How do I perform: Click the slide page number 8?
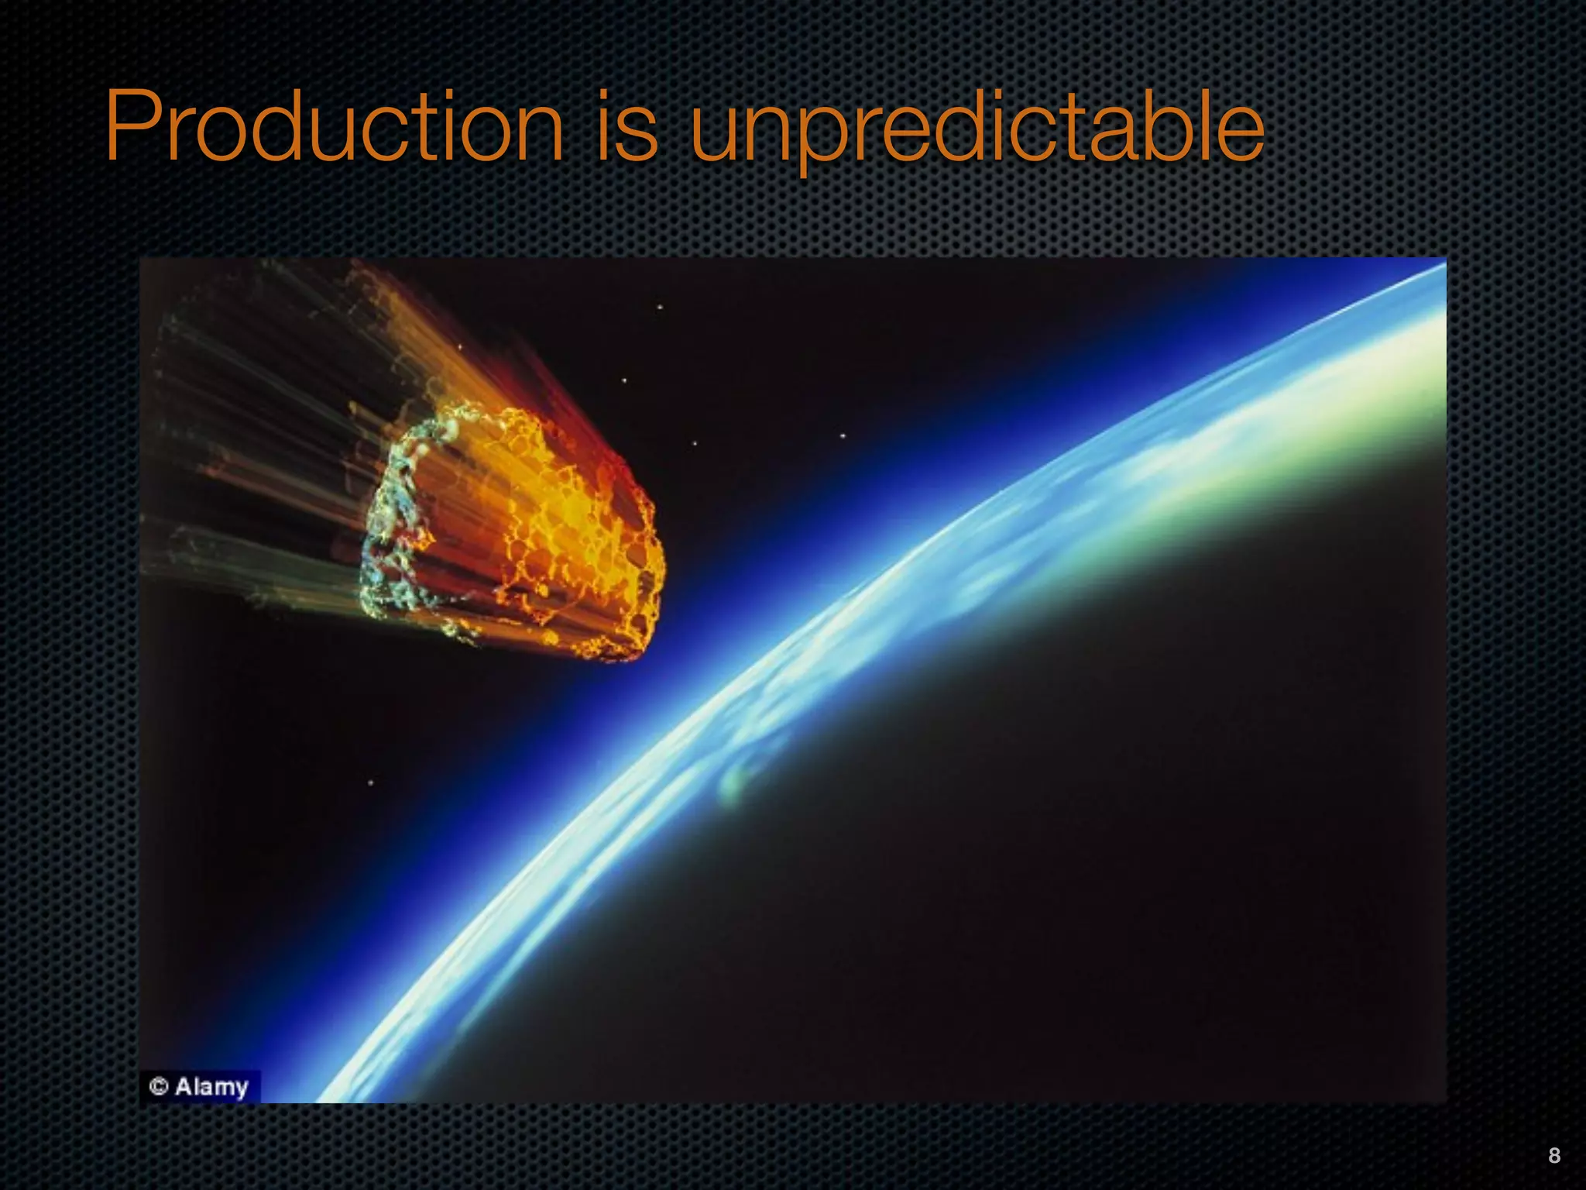(1554, 1155)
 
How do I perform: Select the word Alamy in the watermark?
(211, 1087)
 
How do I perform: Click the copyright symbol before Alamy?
(159, 1086)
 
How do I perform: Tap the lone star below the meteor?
(370, 782)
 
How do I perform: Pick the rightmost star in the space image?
(843, 436)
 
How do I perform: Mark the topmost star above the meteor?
(660, 308)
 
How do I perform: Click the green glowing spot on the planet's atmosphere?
(732, 782)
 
